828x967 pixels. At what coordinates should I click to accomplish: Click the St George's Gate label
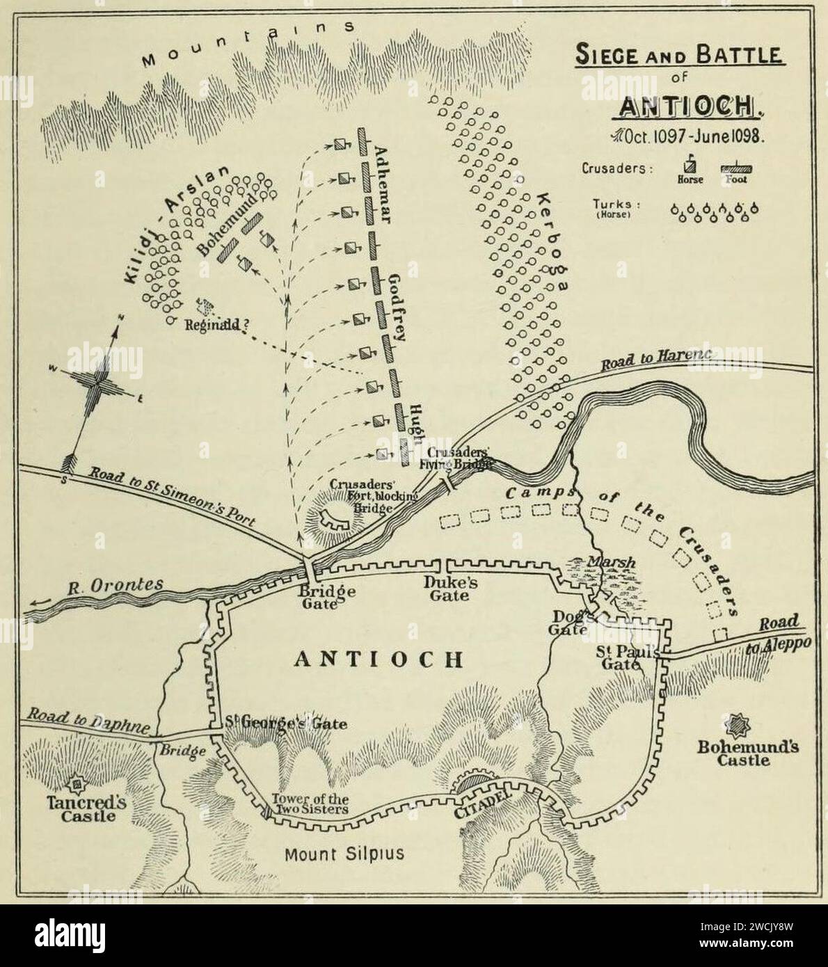click(x=285, y=723)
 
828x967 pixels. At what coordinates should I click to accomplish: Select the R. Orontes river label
click(x=117, y=585)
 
